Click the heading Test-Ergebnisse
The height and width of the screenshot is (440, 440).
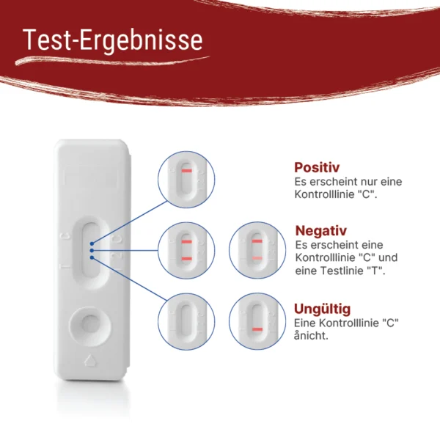112,40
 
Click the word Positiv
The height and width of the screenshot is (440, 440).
317,167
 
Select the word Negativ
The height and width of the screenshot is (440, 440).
321,231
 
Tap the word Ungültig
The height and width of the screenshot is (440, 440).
323,309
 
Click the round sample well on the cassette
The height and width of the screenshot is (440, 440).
90,326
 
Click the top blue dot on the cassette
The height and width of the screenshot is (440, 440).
92,243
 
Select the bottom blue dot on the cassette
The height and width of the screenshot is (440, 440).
92,257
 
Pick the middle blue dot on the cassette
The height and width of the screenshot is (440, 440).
92,250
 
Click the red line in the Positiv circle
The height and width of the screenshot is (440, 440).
186,171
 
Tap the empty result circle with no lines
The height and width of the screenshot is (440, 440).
186,322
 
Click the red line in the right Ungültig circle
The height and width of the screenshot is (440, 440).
257,329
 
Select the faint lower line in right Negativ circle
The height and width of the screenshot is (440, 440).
257,258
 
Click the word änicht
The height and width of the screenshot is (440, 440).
311,336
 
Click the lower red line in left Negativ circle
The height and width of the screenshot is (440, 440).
186,259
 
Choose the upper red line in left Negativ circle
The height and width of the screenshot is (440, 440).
186,241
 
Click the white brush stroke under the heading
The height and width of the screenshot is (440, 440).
112,60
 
